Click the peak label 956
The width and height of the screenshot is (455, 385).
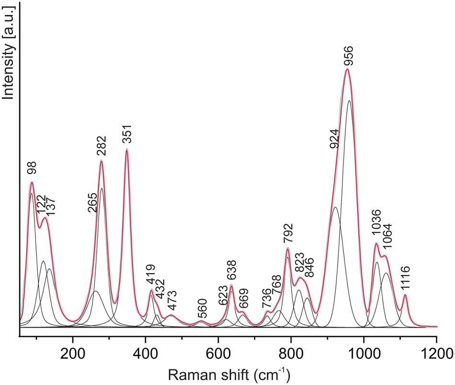348,56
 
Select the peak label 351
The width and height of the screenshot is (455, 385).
127,136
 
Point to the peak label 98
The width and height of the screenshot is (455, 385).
32,168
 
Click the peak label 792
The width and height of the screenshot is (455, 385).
287,234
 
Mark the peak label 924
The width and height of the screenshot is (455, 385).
335,139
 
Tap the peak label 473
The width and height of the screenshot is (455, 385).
171,300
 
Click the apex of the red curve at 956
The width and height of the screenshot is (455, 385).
347,69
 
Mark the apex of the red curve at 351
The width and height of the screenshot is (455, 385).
127,150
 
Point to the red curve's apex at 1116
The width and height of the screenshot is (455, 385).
405,295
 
